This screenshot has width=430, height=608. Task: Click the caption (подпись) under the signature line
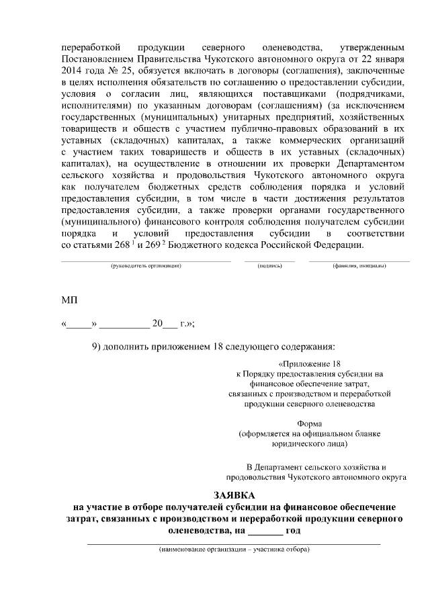tap(269, 267)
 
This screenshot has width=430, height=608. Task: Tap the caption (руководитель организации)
tap(146, 267)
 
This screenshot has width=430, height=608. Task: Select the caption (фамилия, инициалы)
tap(359, 267)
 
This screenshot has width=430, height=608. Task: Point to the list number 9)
tap(98, 347)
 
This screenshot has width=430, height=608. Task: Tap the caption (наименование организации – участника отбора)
tap(234, 550)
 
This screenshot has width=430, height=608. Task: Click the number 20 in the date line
tap(158, 323)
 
